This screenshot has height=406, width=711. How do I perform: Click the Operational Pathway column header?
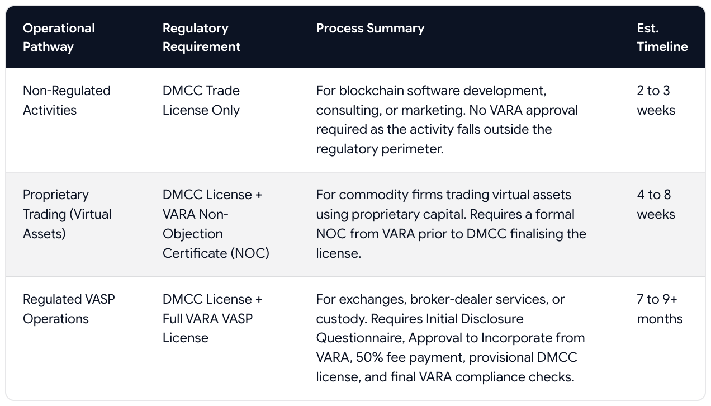[x=59, y=37]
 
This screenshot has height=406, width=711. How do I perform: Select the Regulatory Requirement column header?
[x=201, y=37]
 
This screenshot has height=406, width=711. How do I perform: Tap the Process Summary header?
[x=370, y=29]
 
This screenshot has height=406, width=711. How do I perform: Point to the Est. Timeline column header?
[x=662, y=37]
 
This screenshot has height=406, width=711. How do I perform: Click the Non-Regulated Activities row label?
[x=67, y=101]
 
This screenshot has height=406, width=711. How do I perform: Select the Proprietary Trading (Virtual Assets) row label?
[x=67, y=214]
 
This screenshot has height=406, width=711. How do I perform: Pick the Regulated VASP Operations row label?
[x=69, y=309]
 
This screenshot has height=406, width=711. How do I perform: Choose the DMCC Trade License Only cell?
[x=201, y=101]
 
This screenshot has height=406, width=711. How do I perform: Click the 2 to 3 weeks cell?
[x=656, y=101]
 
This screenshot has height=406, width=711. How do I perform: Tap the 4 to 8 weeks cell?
[x=656, y=204]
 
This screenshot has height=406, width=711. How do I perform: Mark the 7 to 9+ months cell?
[x=660, y=309]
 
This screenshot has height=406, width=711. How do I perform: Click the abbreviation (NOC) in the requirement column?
[x=250, y=253]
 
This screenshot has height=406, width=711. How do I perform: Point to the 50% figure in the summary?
[x=369, y=357]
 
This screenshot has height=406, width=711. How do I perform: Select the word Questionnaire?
[x=361, y=338]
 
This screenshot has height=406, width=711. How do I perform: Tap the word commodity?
[x=373, y=195]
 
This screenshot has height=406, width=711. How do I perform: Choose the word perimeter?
[x=413, y=149]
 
